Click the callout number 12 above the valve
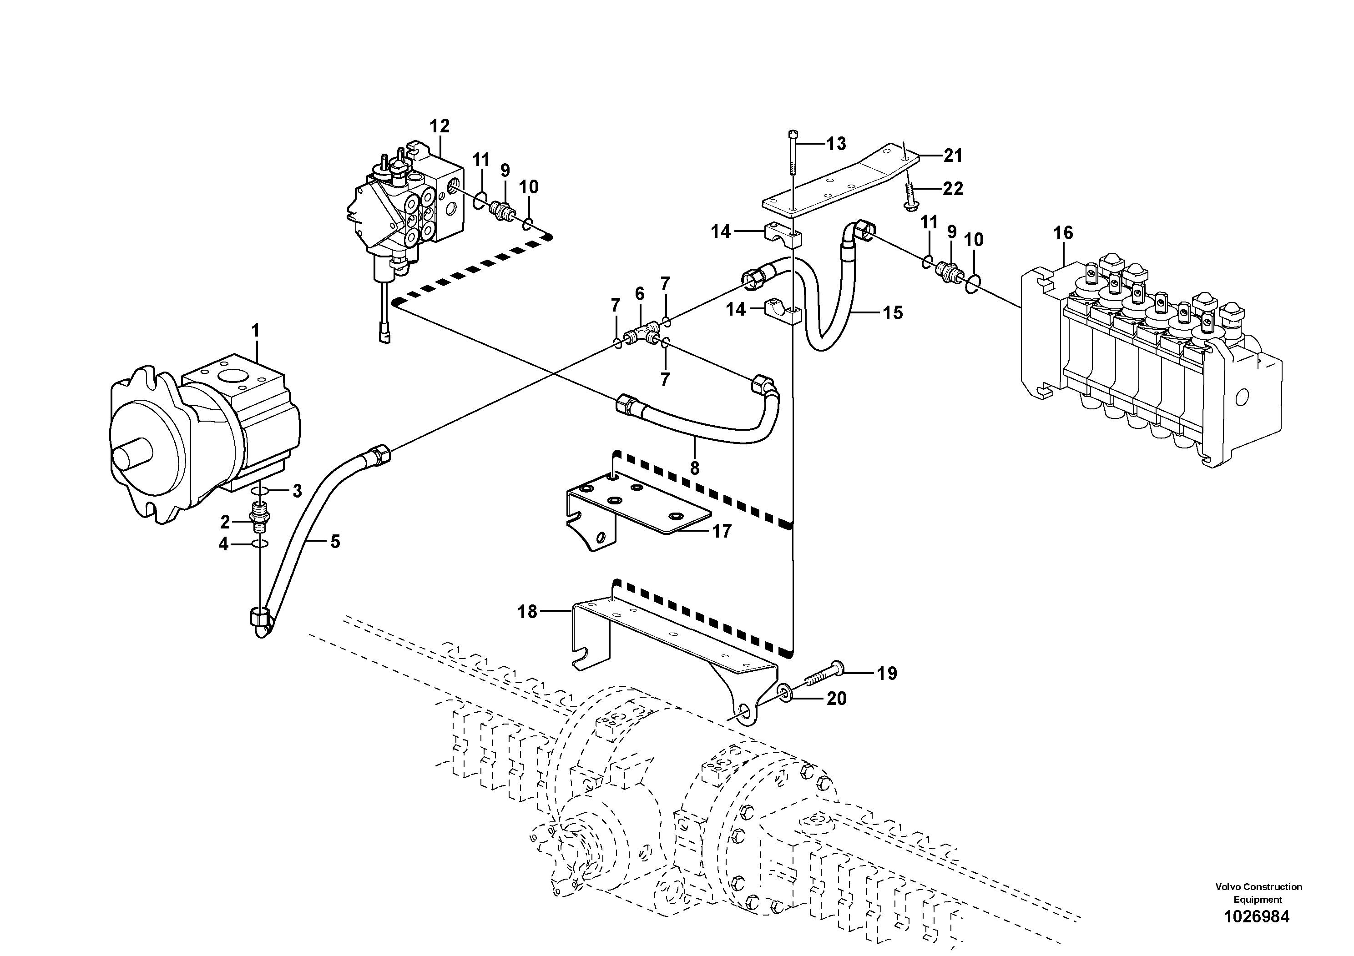pos(440,126)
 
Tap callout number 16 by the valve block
pos(1063,233)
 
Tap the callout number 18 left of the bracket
pos(527,612)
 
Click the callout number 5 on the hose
pos(335,541)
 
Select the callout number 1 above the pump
pos(255,331)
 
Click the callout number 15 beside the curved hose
pos(893,312)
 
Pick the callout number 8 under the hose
pos(695,468)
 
